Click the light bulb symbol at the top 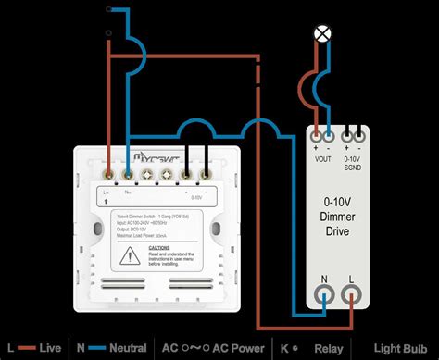[323, 33]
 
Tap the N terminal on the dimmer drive [323, 294]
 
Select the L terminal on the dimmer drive [353, 294]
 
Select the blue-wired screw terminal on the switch [127, 172]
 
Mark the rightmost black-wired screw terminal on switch [204, 172]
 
